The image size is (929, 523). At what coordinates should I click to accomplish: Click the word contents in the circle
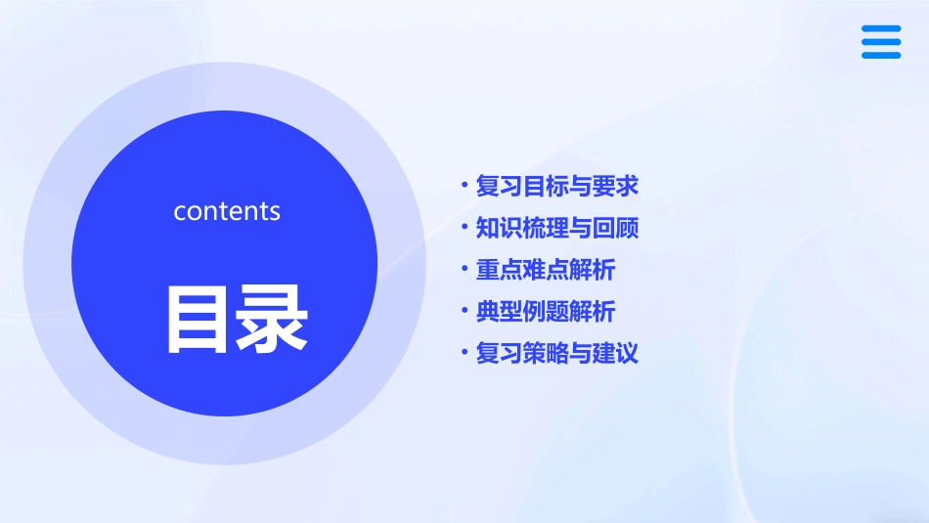click(x=227, y=211)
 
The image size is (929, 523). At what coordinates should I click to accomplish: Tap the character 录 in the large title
click(x=274, y=319)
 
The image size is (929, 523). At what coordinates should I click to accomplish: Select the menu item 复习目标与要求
click(x=556, y=186)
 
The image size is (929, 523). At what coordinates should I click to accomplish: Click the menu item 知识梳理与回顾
click(x=556, y=228)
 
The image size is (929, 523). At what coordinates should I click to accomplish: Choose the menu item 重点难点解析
click(x=546, y=270)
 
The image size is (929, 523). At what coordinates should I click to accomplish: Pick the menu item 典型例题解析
click(x=546, y=312)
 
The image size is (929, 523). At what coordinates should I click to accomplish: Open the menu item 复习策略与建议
click(x=556, y=353)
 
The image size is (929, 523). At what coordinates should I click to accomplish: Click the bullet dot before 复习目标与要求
click(x=464, y=186)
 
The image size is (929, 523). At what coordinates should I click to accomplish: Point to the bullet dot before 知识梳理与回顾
click(x=464, y=228)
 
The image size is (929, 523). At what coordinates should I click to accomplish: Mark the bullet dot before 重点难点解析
click(x=464, y=270)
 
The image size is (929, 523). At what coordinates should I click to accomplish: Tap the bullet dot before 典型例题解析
click(x=464, y=312)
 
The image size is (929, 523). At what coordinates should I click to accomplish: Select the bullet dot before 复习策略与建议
click(x=464, y=353)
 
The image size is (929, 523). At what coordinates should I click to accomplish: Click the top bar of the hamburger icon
click(x=881, y=28)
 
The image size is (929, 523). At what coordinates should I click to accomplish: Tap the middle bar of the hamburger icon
click(x=881, y=42)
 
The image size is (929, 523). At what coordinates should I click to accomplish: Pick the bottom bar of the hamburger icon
click(x=881, y=55)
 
